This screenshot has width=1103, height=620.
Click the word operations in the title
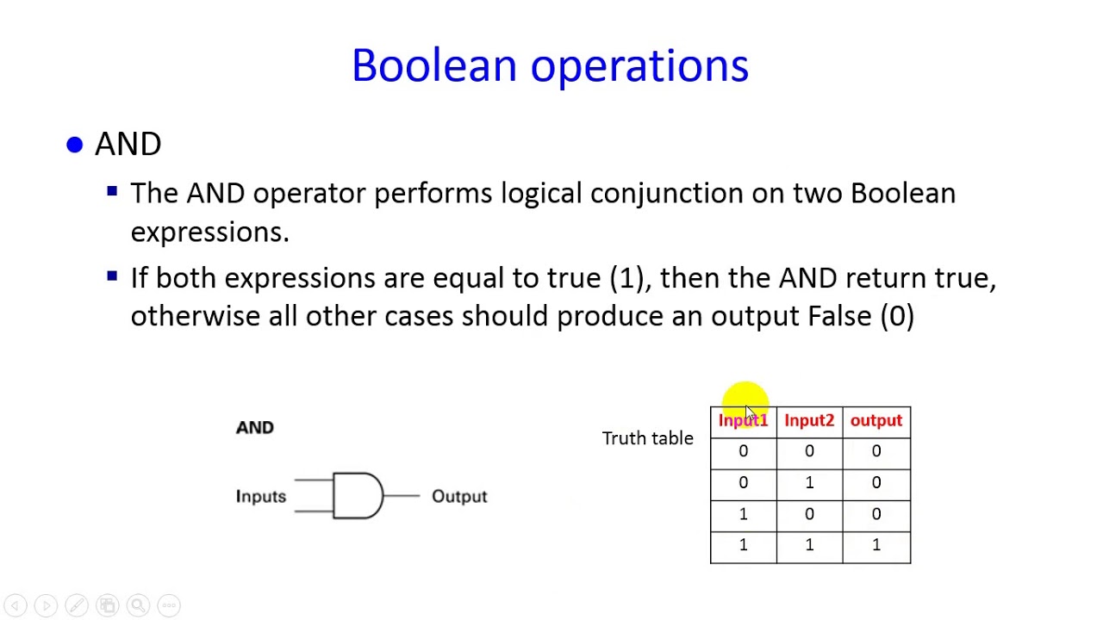coord(639,66)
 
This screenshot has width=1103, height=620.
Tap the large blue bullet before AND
coord(75,146)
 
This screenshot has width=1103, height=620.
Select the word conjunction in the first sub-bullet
coord(666,194)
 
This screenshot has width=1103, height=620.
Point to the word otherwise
coord(195,316)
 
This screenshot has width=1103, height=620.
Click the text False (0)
coord(861,316)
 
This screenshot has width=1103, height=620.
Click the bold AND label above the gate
coord(254,428)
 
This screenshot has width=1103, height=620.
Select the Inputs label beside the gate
coord(260,497)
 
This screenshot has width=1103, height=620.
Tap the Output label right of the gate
coord(459,497)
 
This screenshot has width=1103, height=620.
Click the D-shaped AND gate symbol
coord(357,496)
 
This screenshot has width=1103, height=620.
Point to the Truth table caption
coord(647,438)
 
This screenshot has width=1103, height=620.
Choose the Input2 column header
coord(809,421)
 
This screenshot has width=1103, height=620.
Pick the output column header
coord(876,421)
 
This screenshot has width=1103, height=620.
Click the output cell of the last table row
coord(876,546)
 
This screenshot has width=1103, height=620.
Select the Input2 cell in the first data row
coord(809,452)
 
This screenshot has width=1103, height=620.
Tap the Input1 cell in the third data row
coord(743,515)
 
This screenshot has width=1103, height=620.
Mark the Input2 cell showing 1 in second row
coord(809,483)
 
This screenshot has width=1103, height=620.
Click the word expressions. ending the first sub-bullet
coord(209,232)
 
